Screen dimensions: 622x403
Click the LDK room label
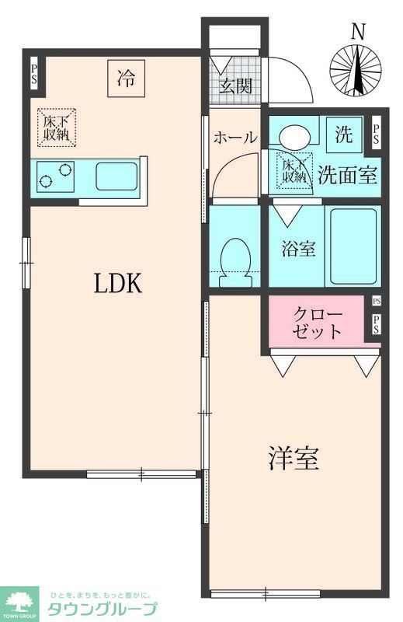(118, 285)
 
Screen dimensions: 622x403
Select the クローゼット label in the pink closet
(317, 323)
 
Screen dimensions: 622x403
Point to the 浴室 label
(298, 250)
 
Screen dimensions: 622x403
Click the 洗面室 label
(348, 175)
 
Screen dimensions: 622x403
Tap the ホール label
(235, 138)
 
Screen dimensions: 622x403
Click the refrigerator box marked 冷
(126, 78)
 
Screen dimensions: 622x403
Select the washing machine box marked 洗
(343, 134)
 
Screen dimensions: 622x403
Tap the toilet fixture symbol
(235, 259)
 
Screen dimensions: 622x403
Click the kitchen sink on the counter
(116, 176)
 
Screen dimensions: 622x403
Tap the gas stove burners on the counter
(56, 176)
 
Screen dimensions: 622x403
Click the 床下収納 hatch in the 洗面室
(294, 170)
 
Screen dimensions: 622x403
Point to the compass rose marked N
(356, 68)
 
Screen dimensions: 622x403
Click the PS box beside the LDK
(35, 75)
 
